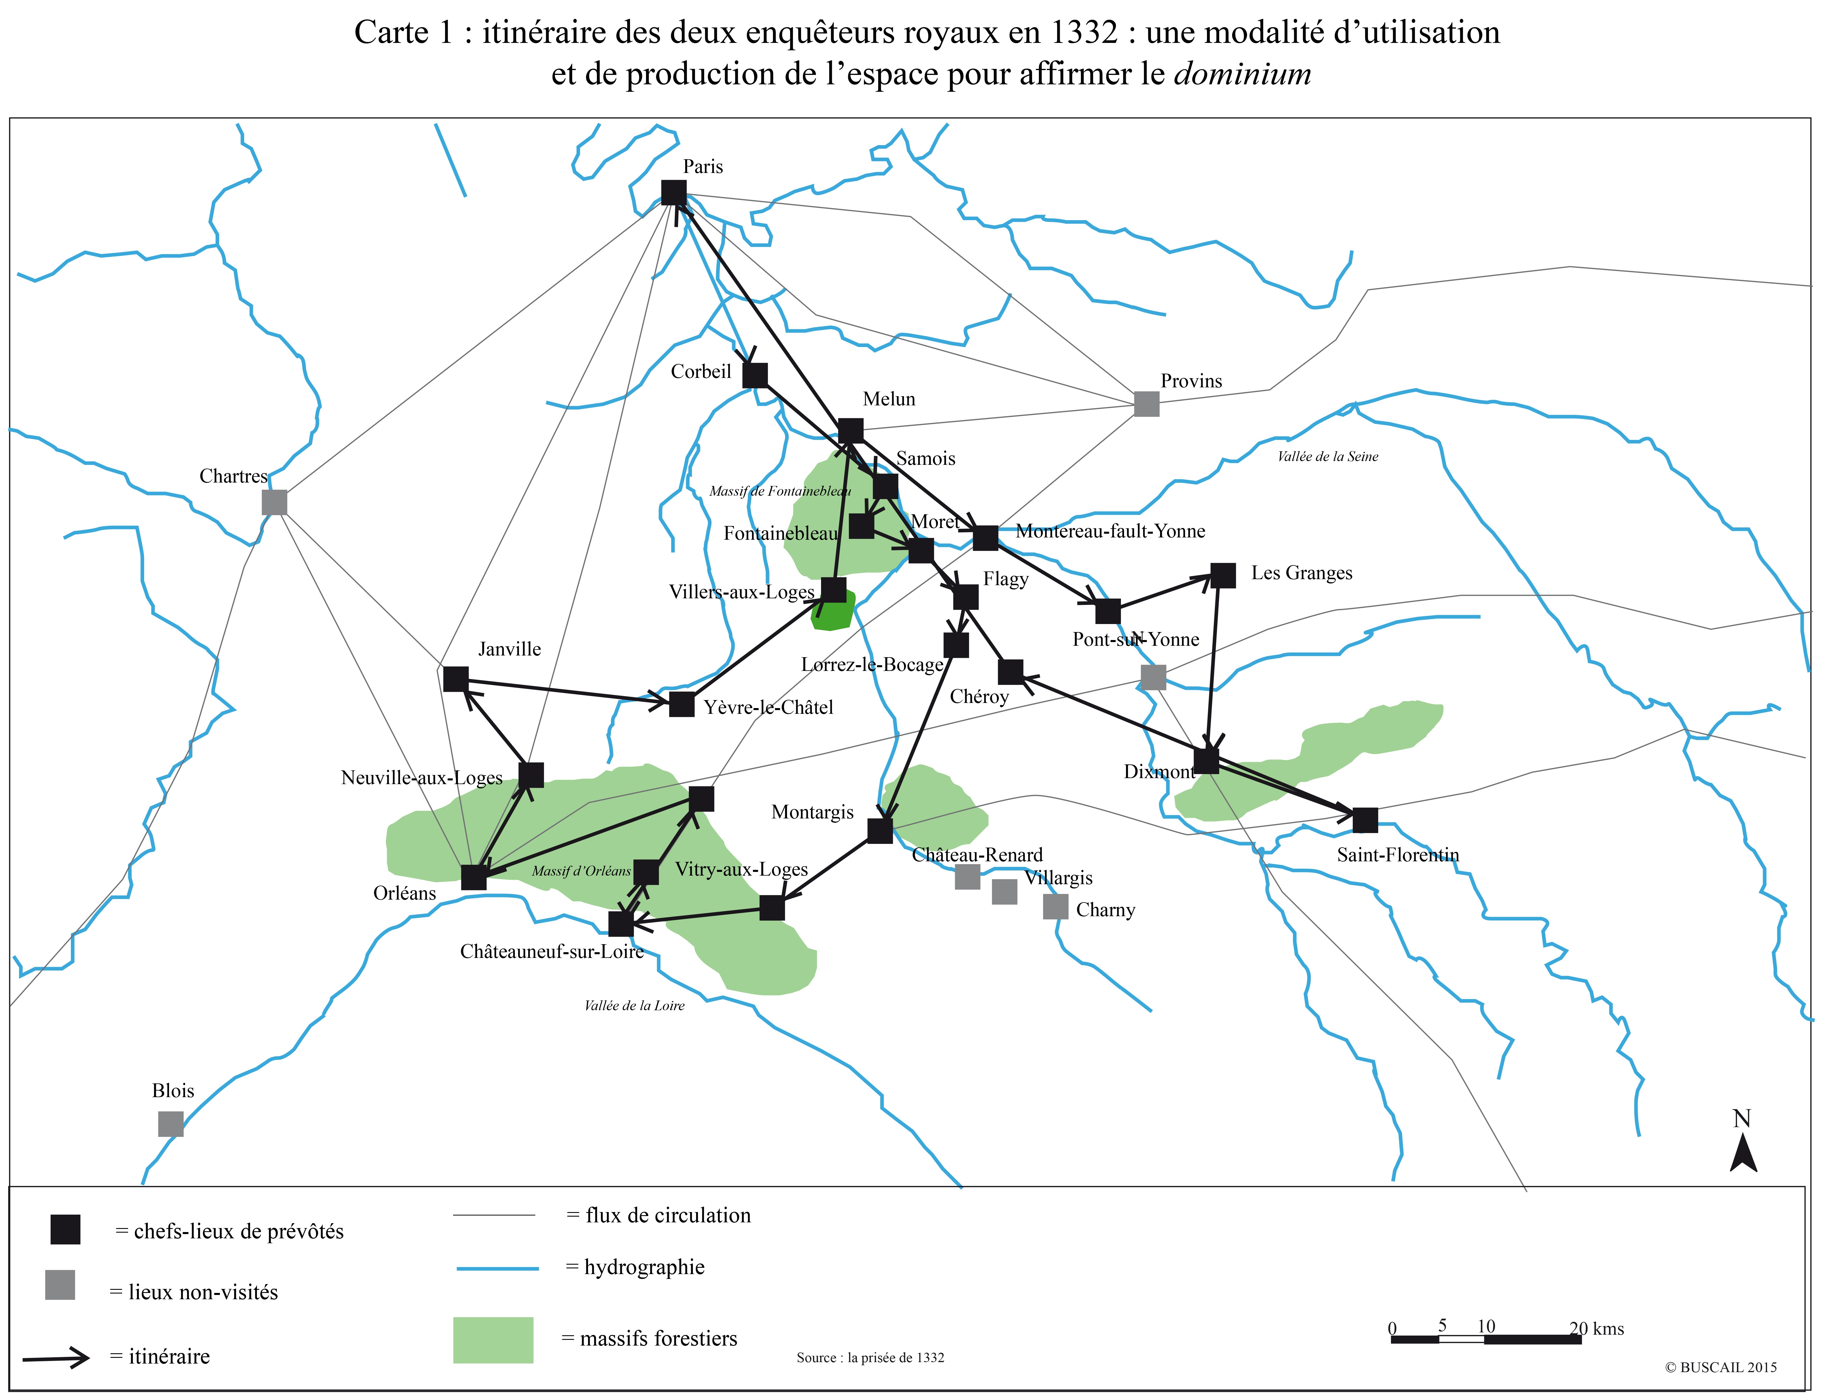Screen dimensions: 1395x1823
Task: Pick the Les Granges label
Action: pos(1302,573)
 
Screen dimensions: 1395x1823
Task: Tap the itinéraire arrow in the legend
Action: pos(56,1358)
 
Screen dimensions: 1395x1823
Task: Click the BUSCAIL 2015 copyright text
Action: pos(1721,1368)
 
